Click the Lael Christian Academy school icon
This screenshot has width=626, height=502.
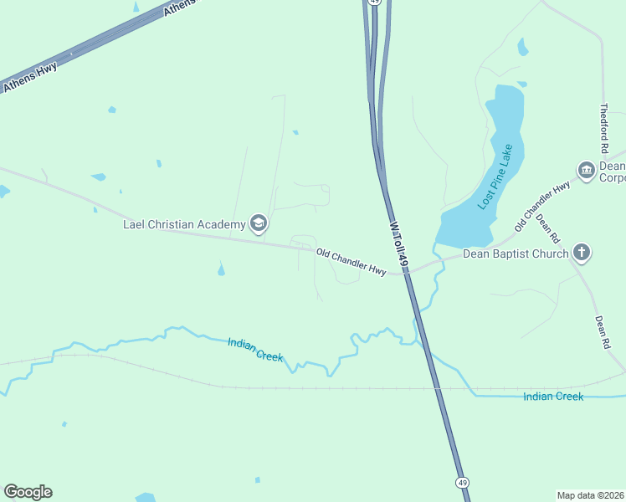259,223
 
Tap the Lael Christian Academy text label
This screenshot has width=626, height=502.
184,224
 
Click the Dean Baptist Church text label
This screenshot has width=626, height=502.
516,254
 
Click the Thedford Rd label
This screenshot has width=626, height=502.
604,128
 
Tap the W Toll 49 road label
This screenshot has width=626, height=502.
398,245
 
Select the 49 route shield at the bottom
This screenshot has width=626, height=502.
462,483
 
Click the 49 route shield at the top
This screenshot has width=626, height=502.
375,3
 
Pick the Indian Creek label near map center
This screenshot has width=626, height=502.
255,349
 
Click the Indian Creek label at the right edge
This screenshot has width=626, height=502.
553,396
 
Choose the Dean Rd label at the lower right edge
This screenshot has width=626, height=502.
602,332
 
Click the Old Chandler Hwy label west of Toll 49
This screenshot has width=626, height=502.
351,262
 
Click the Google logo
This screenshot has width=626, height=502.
28,492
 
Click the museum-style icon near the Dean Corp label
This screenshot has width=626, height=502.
586,172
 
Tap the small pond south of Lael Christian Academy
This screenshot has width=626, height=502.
221,269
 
